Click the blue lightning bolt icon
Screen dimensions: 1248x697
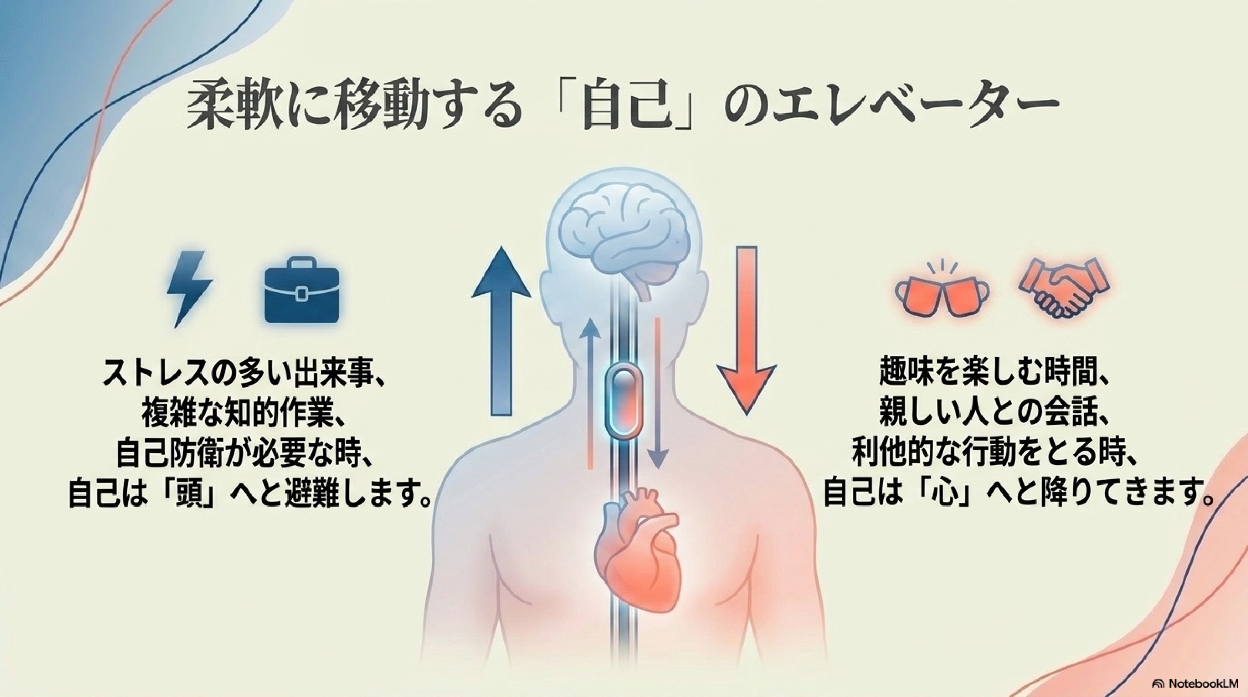pyautogui.click(x=189, y=289)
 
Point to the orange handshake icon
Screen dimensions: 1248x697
pyautogui.click(x=1063, y=288)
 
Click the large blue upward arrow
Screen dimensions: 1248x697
pyautogui.click(x=501, y=331)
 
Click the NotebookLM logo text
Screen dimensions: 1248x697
pyautogui.click(x=1200, y=683)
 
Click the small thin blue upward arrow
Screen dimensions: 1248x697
pyautogui.click(x=591, y=395)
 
